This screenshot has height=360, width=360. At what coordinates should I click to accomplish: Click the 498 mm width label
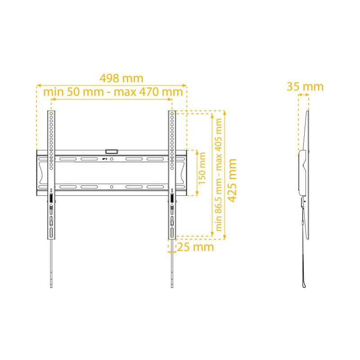pyautogui.click(x=121, y=78)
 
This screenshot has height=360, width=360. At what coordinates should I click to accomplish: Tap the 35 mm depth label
pyautogui.click(x=305, y=86)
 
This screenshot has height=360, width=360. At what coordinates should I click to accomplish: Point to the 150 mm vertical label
pyautogui.click(x=202, y=168)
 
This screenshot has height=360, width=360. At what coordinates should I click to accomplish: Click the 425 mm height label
pyautogui.click(x=232, y=180)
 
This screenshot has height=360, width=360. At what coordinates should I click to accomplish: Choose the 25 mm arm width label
pyautogui.click(x=195, y=247)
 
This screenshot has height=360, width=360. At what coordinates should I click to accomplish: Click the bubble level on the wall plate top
pyautogui.click(x=112, y=152)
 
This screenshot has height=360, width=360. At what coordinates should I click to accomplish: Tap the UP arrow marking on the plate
pyautogui.click(x=105, y=159)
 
